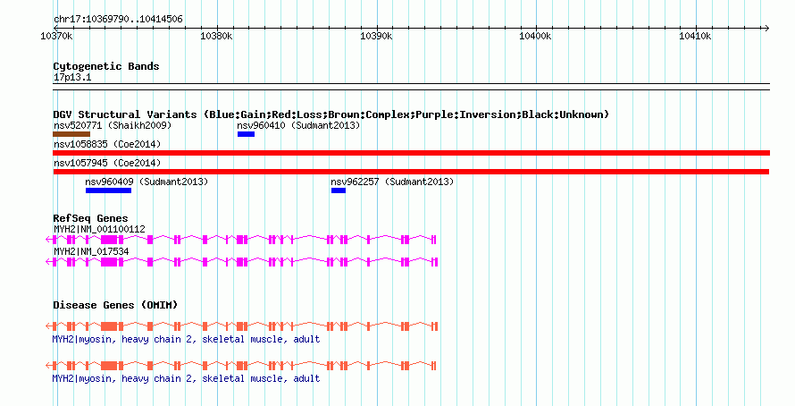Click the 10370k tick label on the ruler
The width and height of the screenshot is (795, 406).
coord(56,36)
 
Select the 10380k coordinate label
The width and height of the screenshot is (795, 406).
coord(216,36)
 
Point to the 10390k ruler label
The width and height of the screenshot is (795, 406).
coord(376,36)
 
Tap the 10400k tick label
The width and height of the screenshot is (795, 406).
coord(535,36)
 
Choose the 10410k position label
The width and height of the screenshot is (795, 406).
coord(695,36)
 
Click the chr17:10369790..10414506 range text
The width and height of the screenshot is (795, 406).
coord(119,19)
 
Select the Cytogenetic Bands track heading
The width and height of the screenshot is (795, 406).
coord(106,66)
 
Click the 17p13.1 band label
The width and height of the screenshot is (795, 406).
coord(72,78)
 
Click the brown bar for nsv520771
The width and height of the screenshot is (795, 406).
coord(71,134)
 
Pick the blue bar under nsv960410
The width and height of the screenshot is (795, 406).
coord(246,134)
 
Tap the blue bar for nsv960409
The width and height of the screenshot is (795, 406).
coord(110,190)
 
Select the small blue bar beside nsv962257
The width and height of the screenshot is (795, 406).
coord(338,190)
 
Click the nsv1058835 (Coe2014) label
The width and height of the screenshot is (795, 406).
coord(107,144)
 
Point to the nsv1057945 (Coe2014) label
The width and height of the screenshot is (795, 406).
coord(107,163)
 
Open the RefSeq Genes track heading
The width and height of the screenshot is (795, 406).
coord(90,218)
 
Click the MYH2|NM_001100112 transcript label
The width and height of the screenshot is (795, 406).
coord(99,229)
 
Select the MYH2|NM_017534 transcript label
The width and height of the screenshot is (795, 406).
coord(91,251)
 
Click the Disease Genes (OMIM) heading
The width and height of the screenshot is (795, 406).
coord(115,305)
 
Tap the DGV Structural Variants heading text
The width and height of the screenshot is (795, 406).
coord(331,114)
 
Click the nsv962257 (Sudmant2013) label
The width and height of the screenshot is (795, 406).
coord(393,182)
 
